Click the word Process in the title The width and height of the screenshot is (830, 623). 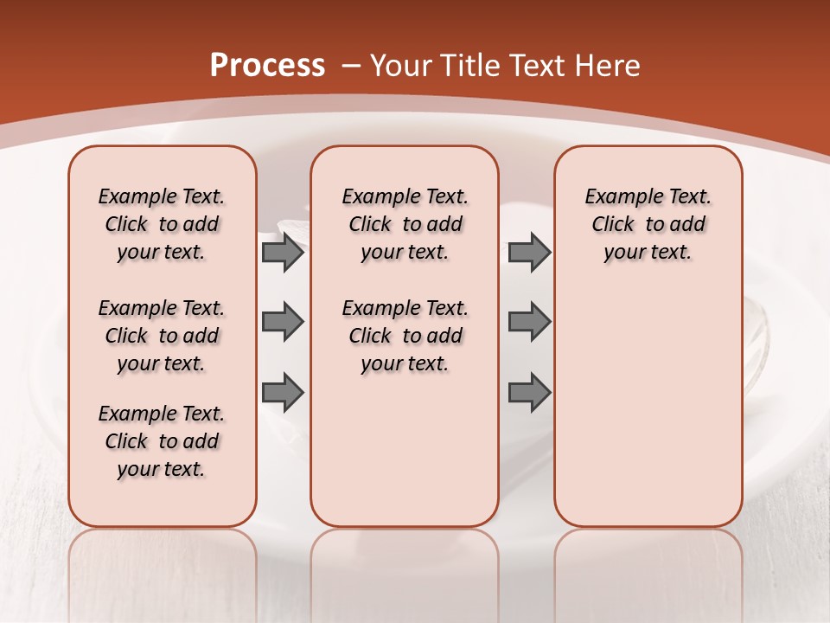(x=267, y=66)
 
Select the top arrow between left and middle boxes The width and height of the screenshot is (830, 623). (x=283, y=252)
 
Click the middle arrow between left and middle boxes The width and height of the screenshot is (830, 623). (x=283, y=322)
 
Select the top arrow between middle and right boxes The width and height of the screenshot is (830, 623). (x=529, y=252)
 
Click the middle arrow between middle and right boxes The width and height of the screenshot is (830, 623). (x=529, y=322)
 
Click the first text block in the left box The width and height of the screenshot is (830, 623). (x=162, y=224)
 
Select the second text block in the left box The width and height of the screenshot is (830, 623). (x=162, y=336)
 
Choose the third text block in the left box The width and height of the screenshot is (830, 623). (x=162, y=441)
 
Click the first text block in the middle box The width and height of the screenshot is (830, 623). (x=405, y=224)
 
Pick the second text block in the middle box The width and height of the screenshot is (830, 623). (x=405, y=336)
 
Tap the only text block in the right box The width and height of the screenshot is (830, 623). (x=648, y=224)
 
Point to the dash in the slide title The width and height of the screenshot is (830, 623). (x=351, y=66)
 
